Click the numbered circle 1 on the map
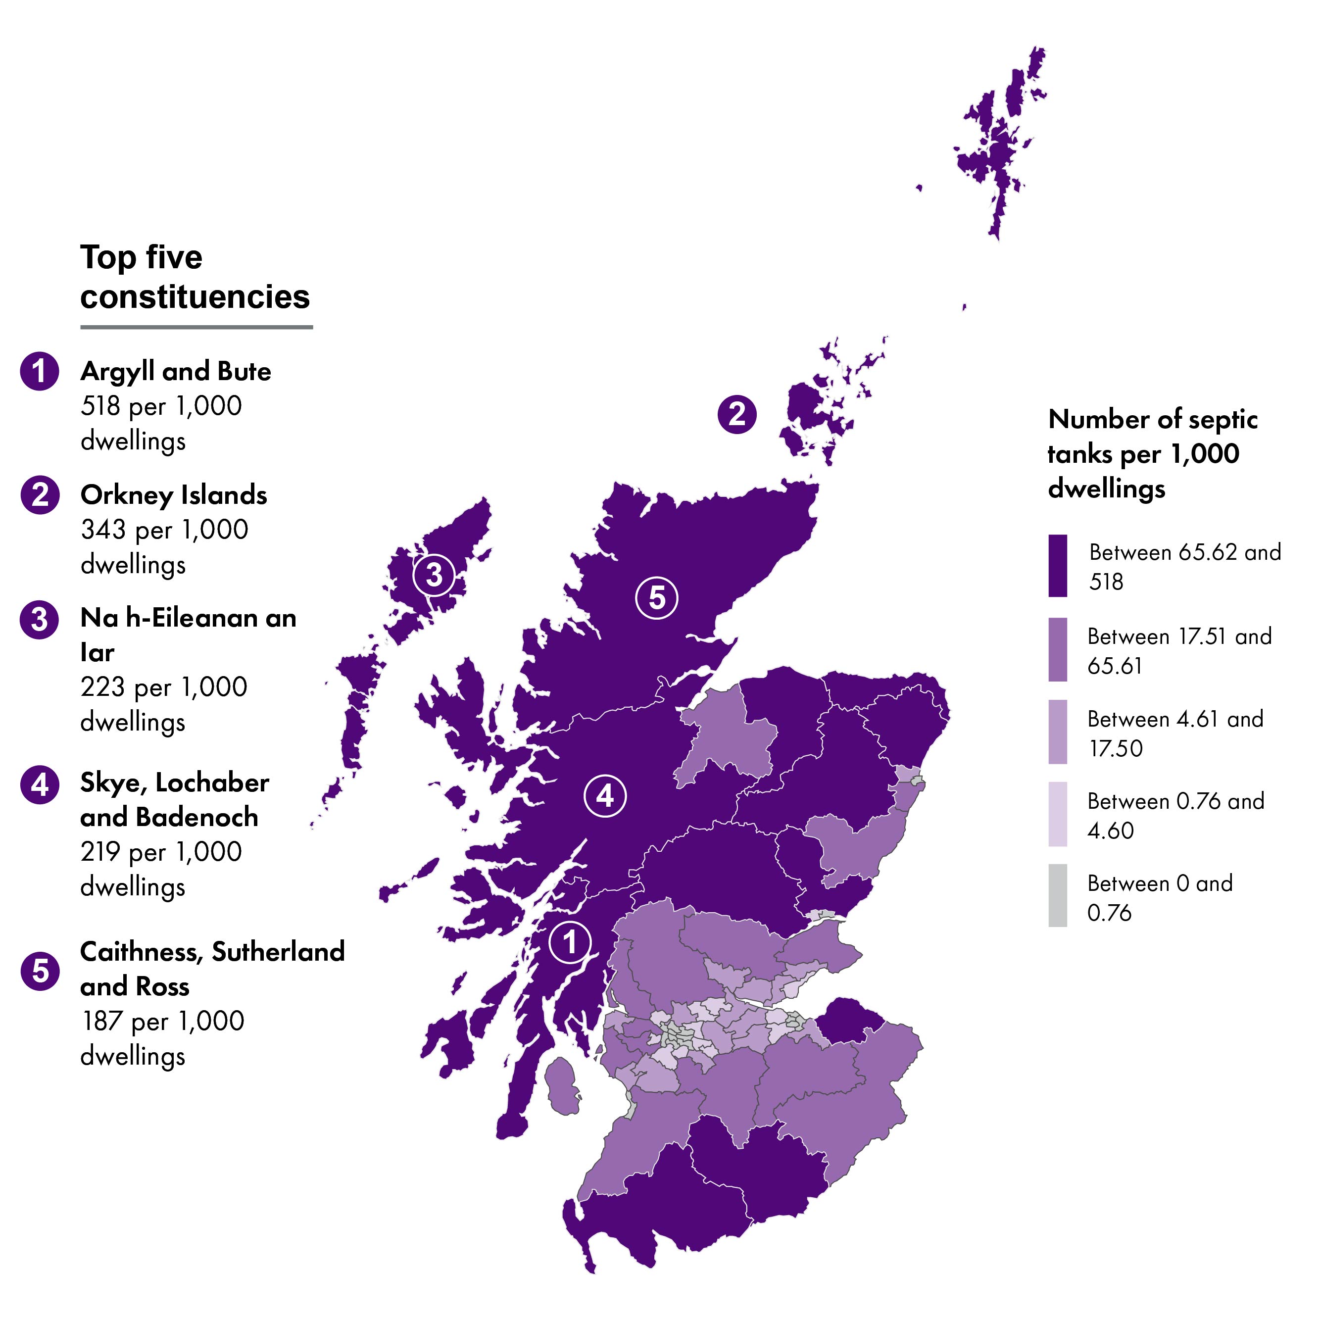click(x=569, y=942)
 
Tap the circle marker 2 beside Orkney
click(x=736, y=414)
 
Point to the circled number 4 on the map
click(x=605, y=796)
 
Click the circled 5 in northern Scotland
click(x=657, y=598)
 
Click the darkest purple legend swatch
click(x=1058, y=566)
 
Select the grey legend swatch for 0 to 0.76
click(x=1058, y=896)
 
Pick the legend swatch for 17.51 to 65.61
click(x=1058, y=650)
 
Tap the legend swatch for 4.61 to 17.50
click(x=1058, y=732)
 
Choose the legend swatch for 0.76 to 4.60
click(x=1058, y=814)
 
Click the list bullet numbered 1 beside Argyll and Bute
click(x=40, y=371)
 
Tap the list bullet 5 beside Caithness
click(x=40, y=971)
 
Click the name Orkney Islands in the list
click(x=174, y=494)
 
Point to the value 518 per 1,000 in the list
click(x=161, y=406)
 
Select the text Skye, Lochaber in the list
click(x=175, y=782)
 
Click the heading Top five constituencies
click(x=194, y=277)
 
